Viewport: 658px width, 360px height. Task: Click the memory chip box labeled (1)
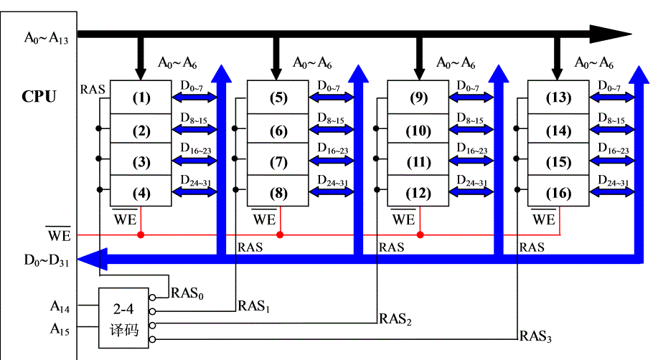tap(141, 96)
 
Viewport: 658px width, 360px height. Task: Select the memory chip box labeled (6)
tap(278, 131)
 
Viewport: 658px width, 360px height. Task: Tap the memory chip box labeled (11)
tap(418, 162)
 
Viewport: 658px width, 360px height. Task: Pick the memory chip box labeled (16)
tap(558, 194)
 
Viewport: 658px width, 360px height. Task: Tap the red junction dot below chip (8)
tap(281, 235)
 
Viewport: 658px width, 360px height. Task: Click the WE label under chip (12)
tap(403, 219)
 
